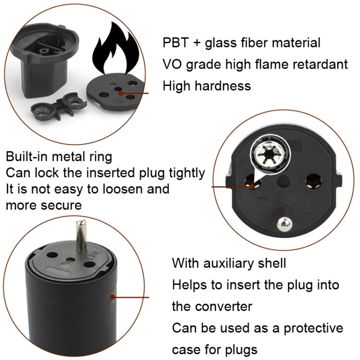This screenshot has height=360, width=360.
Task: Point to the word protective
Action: [x=312, y=328]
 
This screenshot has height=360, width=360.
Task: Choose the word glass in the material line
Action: [x=223, y=43]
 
